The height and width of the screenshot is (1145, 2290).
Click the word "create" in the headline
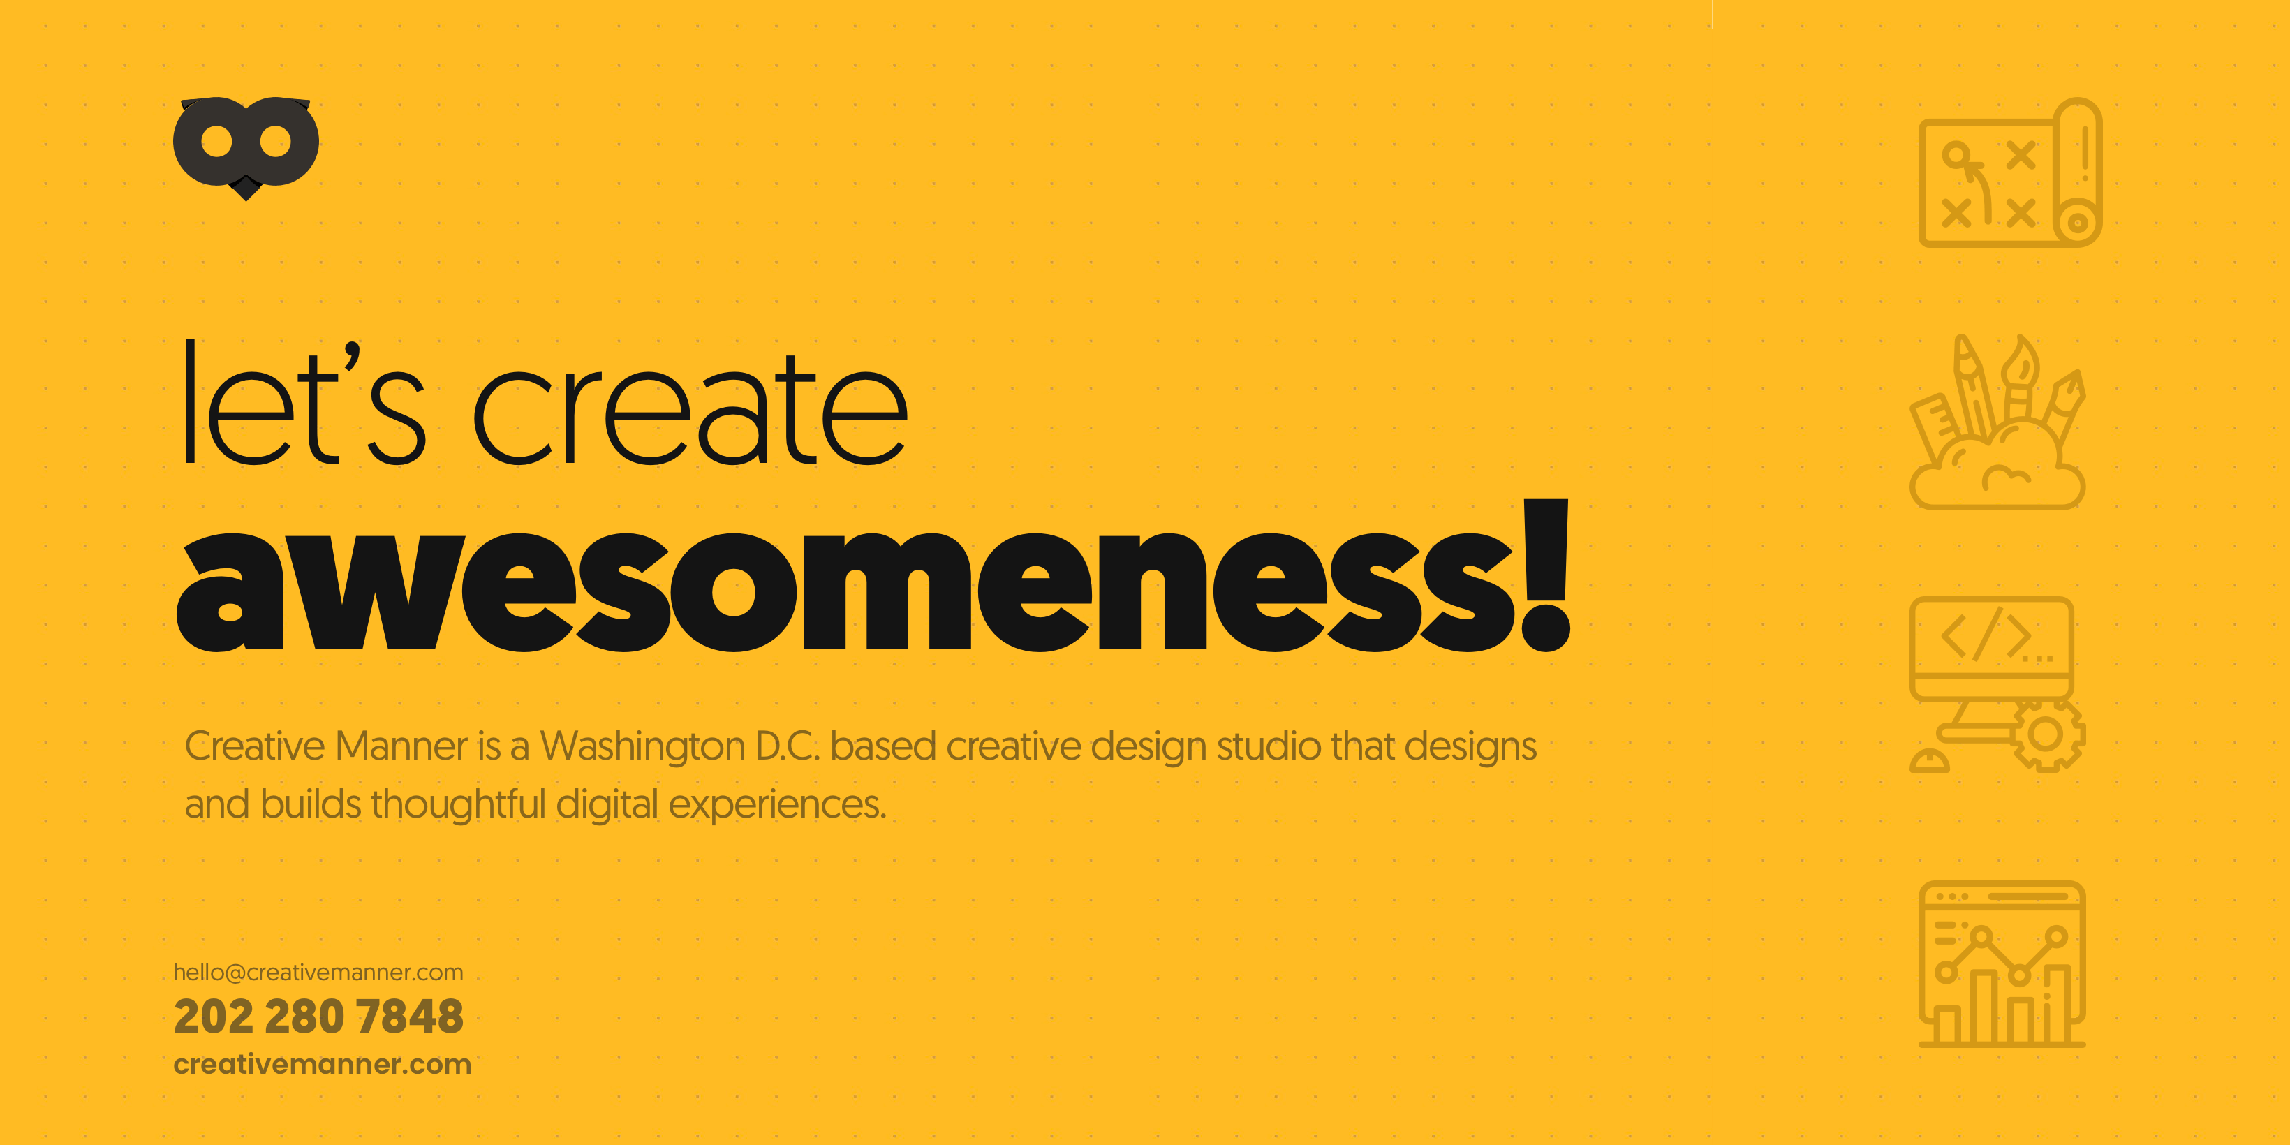coord(690,407)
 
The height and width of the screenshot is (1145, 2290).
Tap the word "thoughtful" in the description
coord(458,804)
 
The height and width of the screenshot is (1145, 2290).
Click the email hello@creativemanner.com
coord(318,973)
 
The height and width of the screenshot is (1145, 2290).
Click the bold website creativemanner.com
coord(322,1063)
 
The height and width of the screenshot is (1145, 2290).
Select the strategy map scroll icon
coord(2010,172)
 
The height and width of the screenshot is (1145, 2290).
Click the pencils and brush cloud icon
coord(1997,422)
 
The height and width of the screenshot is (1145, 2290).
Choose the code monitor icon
coord(1997,684)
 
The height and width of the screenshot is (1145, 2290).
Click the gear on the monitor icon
coord(2046,734)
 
